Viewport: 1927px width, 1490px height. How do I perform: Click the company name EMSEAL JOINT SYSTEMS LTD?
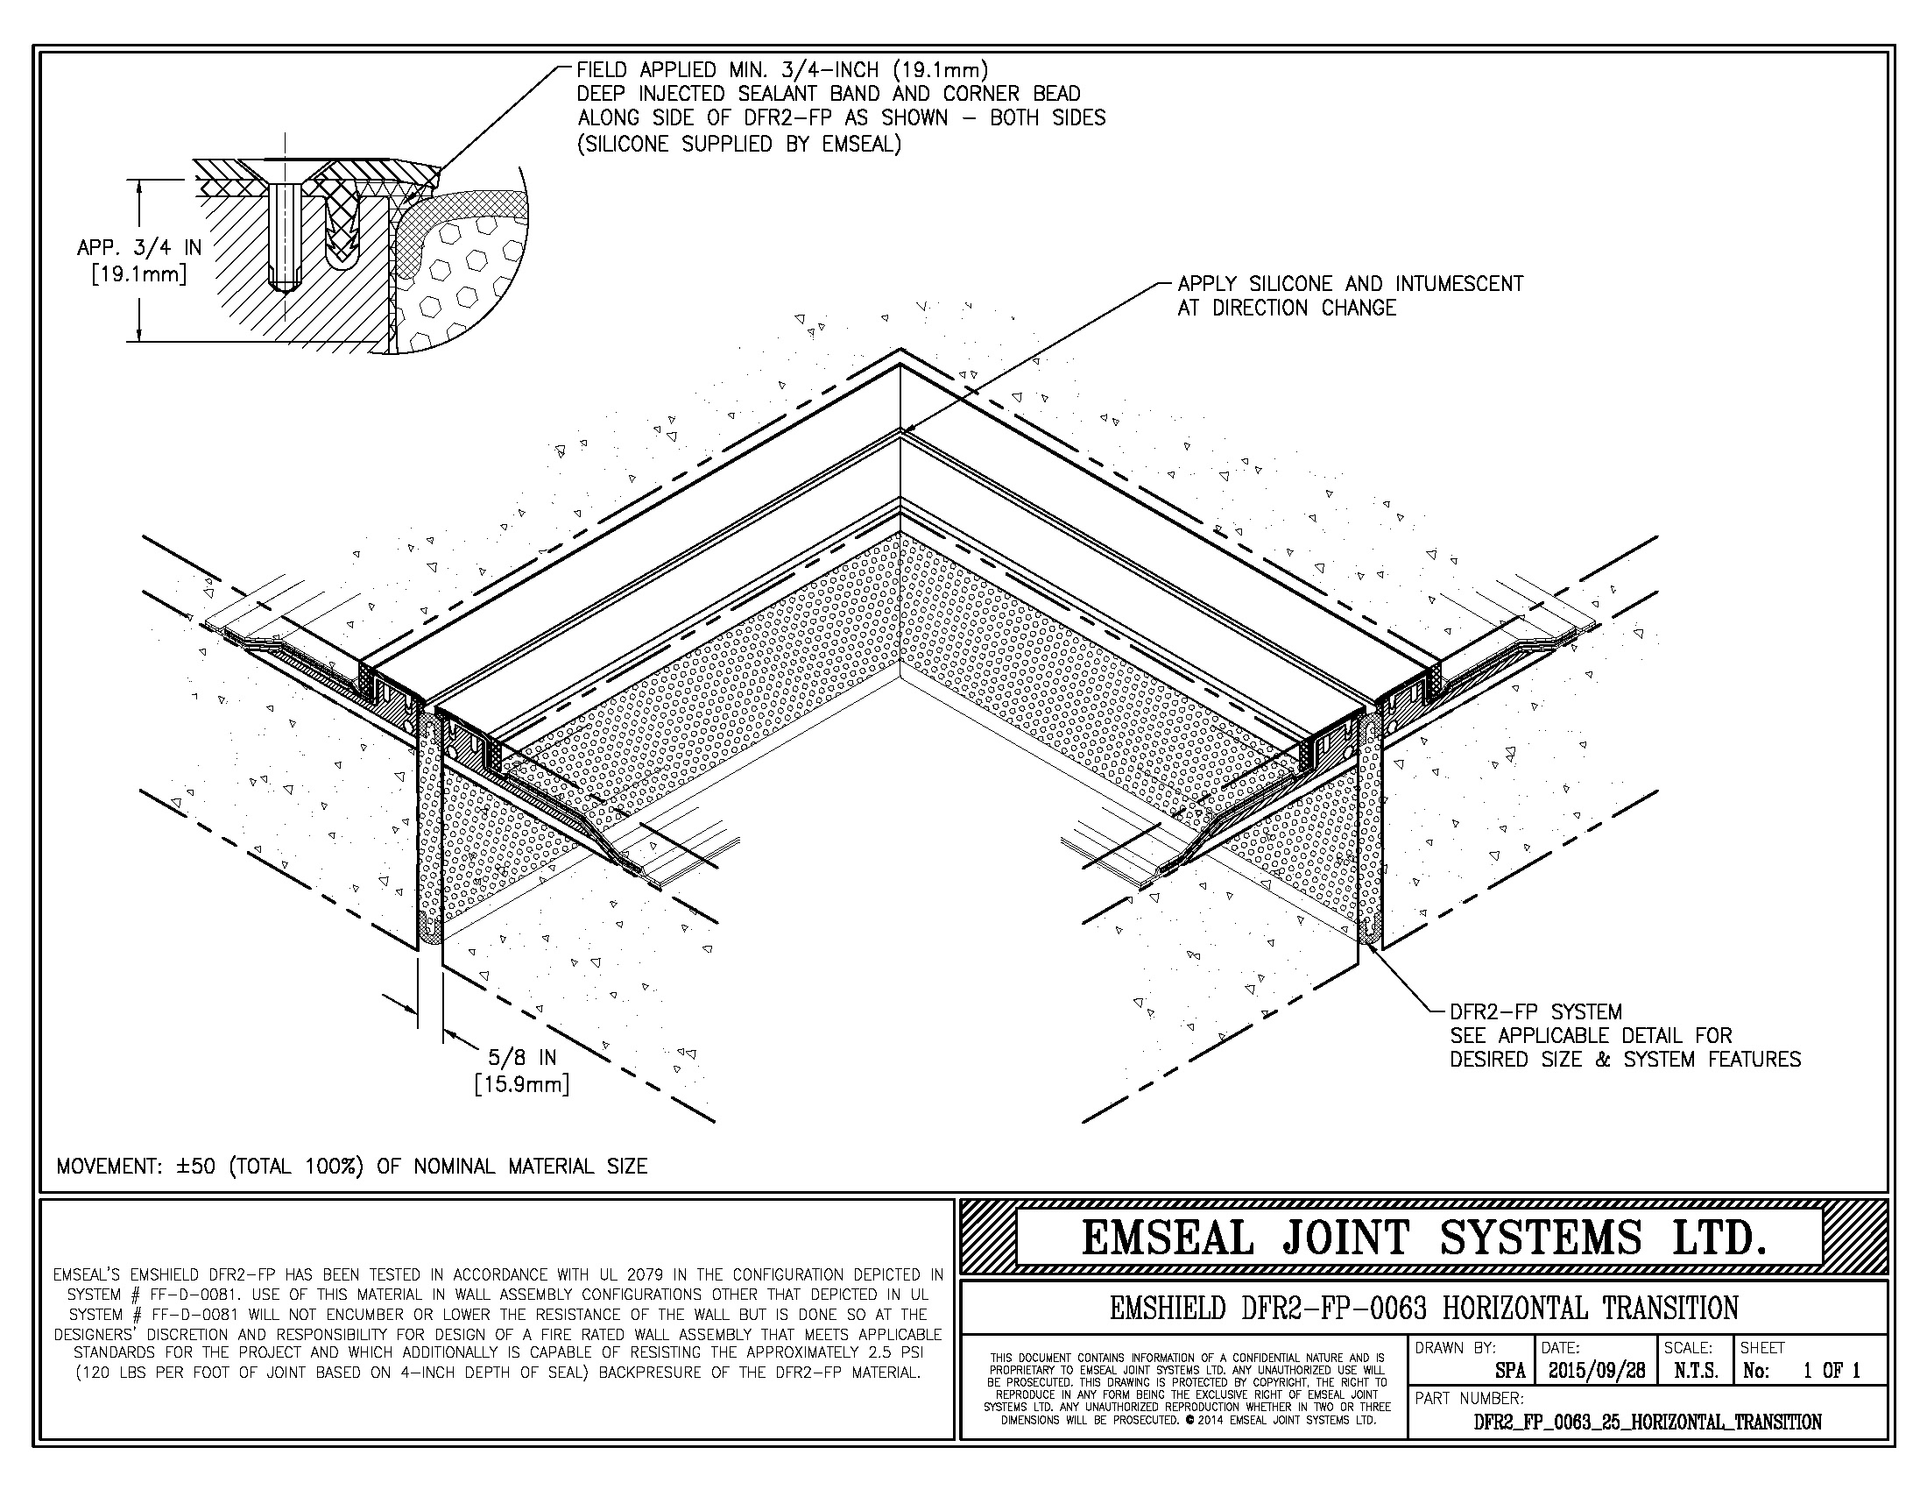tap(1424, 1238)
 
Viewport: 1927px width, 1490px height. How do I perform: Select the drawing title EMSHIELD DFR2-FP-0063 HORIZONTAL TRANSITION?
tap(1424, 1308)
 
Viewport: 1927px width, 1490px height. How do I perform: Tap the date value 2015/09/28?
tap(1596, 1371)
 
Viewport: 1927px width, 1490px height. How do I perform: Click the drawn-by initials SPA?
tap(1511, 1371)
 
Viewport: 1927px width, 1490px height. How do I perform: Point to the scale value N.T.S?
tap(1696, 1371)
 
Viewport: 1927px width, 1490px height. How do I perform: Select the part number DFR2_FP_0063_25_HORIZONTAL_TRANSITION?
tap(1648, 1422)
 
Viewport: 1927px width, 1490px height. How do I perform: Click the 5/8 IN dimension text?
tap(522, 1057)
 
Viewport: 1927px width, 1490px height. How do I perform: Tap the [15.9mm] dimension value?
tap(521, 1083)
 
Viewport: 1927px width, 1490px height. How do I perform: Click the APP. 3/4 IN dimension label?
tap(139, 248)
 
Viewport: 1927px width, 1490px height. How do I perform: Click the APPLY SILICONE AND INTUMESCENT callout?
tap(1350, 284)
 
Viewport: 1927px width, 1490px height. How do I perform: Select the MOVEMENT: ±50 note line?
tap(352, 1166)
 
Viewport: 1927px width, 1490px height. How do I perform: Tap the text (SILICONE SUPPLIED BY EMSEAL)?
tap(739, 144)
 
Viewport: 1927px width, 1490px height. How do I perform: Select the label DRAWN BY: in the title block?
tap(1455, 1348)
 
